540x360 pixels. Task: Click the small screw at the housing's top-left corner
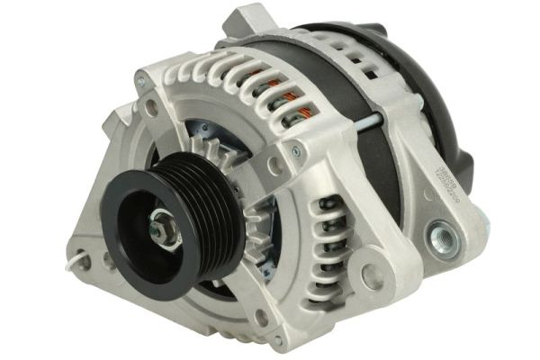140,82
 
